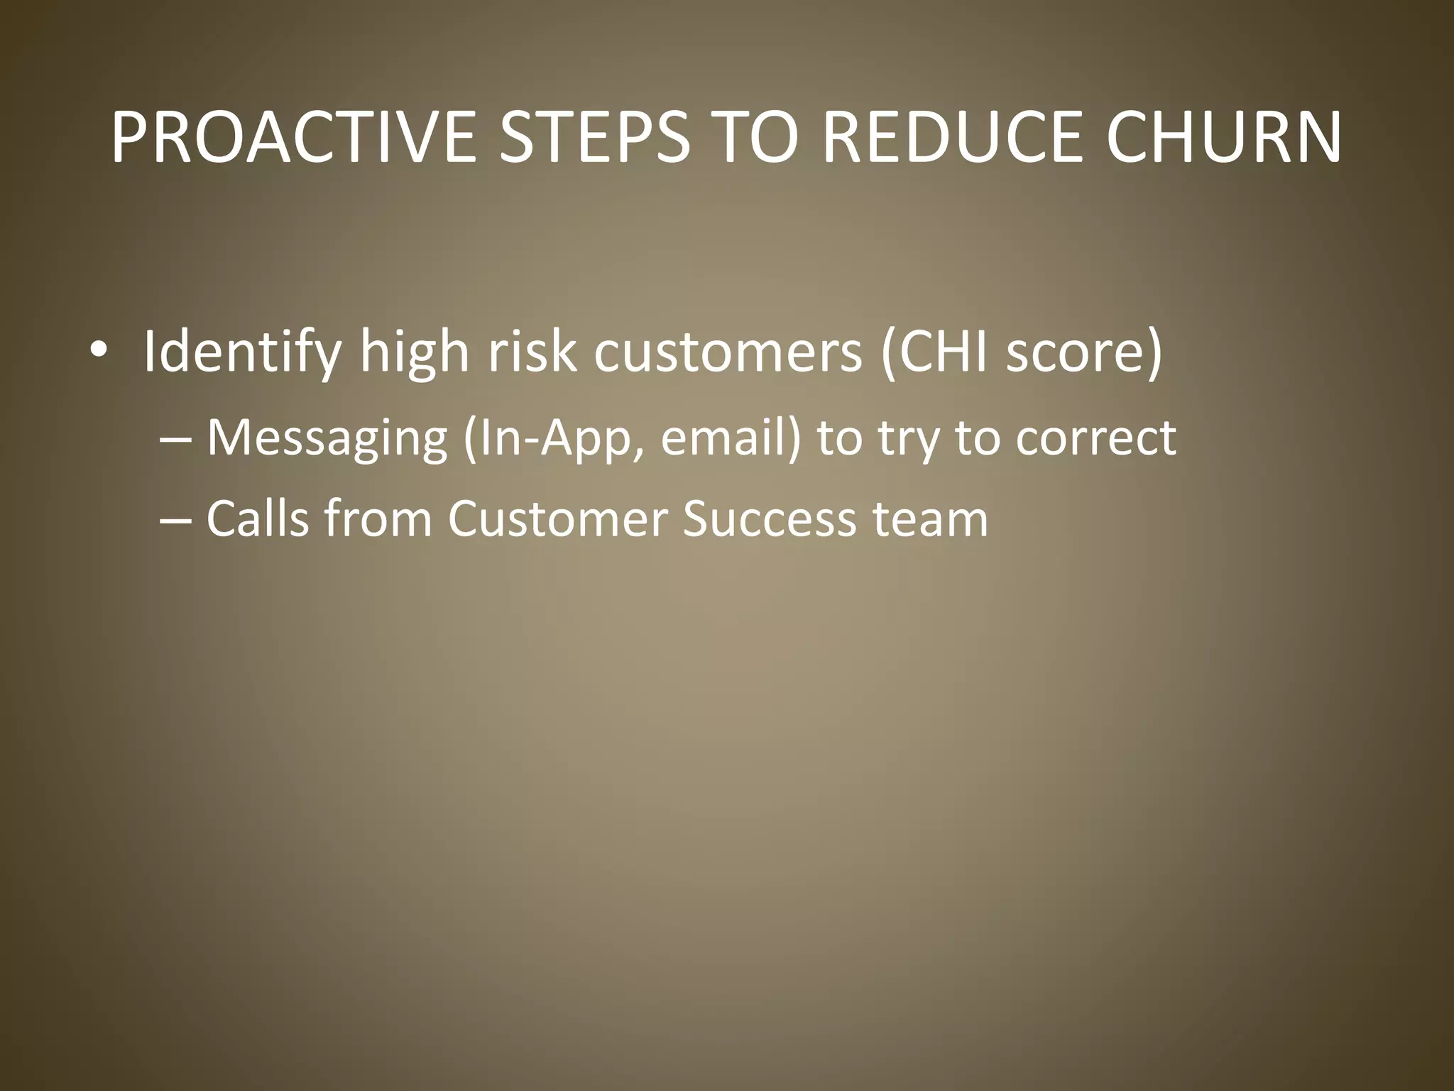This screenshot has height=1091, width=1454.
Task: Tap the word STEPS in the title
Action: coord(594,137)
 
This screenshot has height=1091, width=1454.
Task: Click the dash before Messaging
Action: coord(175,438)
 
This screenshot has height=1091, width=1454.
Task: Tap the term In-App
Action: coord(554,438)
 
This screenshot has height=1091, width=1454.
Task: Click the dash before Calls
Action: coord(175,519)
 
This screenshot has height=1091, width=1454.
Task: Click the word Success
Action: coord(770,519)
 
